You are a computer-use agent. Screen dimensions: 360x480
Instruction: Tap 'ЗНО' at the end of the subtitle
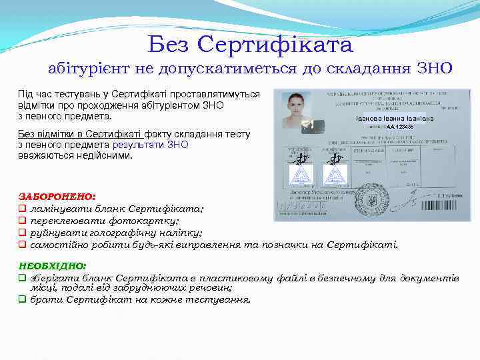click(x=434, y=68)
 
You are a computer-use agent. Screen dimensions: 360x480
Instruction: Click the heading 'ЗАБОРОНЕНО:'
click(x=57, y=197)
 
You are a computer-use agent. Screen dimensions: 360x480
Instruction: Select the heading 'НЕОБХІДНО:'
click(x=53, y=265)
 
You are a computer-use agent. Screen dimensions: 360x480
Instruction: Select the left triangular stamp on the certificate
click(x=301, y=175)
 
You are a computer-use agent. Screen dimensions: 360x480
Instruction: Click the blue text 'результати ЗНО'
click(x=150, y=145)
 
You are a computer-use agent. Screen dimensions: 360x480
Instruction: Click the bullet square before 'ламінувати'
click(x=22, y=209)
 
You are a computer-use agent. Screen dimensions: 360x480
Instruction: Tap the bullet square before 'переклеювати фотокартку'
click(x=22, y=221)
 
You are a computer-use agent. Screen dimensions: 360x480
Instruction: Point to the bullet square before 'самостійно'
click(x=22, y=245)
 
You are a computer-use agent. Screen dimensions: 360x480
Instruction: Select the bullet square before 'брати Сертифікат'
click(x=22, y=299)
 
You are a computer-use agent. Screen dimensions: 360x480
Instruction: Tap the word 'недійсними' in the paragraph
click(x=106, y=155)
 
